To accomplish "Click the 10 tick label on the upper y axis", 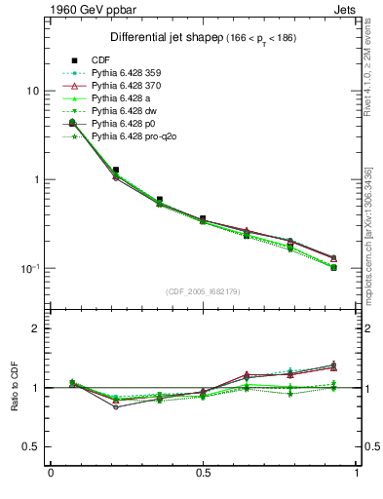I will point(31,91).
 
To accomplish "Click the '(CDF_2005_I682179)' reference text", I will point(204,292).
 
